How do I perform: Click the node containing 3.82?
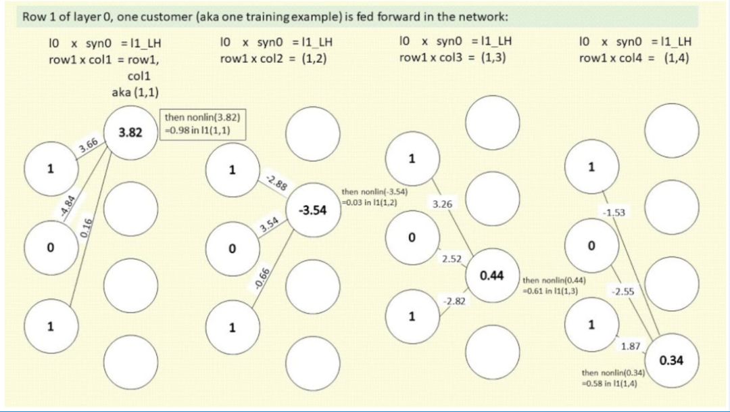(130, 133)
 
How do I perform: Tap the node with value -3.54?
(312, 210)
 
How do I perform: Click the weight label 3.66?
(89, 145)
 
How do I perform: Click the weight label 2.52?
(452, 258)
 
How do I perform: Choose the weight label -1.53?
(614, 212)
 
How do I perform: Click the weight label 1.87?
(631, 346)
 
